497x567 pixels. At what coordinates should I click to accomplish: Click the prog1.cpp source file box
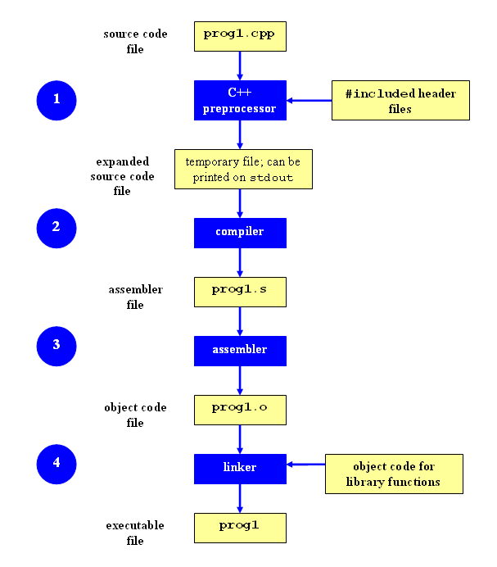point(240,36)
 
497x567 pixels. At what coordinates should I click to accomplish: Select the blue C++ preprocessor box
point(240,100)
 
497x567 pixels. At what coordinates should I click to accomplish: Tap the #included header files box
point(400,101)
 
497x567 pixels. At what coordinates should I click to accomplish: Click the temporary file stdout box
point(243,170)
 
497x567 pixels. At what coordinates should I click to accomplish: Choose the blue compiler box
point(240,232)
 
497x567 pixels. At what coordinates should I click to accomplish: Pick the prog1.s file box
point(240,292)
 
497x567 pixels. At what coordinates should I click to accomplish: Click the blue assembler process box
point(240,350)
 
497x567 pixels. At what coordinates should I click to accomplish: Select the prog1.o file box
point(240,409)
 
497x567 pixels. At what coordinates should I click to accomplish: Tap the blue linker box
point(240,468)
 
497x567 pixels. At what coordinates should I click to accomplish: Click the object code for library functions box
point(394,474)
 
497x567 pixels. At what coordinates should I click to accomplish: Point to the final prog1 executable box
point(240,527)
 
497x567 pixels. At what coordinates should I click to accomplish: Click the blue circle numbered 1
point(56,100)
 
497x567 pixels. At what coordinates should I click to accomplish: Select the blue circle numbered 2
point(56,228)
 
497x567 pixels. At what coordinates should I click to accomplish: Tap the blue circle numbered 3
point(56,346)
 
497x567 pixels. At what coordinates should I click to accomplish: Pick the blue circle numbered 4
point(56,464)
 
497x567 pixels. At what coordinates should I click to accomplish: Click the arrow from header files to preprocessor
point(309,101)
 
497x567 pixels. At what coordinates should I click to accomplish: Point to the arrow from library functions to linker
point(305,465)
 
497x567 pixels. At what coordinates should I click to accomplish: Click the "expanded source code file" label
point(122,176)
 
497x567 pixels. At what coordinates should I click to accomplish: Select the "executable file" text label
point(134,533)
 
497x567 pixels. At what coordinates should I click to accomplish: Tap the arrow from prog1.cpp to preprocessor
point(240,65)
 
